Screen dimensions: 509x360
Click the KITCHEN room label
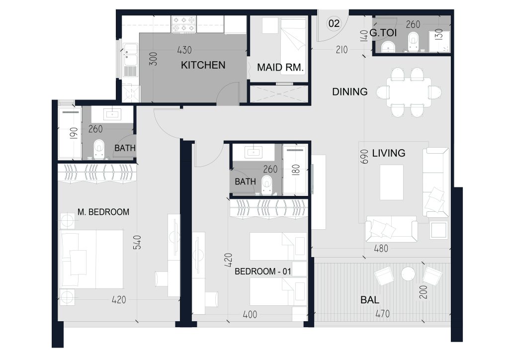point(203,65)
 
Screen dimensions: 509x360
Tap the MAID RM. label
point(280,68)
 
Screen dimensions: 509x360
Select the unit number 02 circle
point(334,23)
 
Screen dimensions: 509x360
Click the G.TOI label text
point(383,33)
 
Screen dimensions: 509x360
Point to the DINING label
point(350,92)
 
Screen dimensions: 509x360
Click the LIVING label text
point(389,153)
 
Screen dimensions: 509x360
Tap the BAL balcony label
point(370,300)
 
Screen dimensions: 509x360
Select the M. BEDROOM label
point(103,212)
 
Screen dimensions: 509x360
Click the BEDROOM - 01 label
point(262,271)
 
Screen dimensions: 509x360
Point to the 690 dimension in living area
point(364,157)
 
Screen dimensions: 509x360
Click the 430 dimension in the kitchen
point(184,50)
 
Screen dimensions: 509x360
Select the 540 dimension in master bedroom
point(137,243)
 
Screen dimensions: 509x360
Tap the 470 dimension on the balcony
point(382,314)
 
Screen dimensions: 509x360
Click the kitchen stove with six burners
point(184,24)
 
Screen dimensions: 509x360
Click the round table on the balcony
point(408,274)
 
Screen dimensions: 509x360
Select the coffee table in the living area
point(392,182)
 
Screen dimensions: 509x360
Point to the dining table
point(409,92)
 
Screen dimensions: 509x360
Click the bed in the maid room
point(293,46)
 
